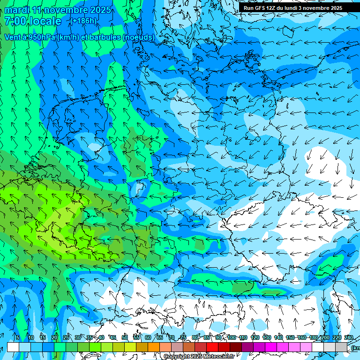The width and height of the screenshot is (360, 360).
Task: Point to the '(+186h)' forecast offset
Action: (x=83, y=21)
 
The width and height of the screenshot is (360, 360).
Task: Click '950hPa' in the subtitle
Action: (x=41, y=37)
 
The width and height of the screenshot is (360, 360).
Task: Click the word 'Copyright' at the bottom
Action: (x=177, y=357)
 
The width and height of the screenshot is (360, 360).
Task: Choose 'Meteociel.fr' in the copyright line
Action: (x=219, y=357)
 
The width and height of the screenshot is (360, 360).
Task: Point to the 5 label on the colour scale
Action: (x=18, y=338)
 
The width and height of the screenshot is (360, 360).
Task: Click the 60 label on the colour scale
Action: (x=148, y=338)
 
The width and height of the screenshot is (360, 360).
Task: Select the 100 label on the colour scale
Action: (x=232, y=338)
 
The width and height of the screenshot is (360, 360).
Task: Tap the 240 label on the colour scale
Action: (x=349, y=338)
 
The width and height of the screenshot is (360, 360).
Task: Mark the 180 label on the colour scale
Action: (x=313, y=338)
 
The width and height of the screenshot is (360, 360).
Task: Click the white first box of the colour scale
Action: (x=13, y=347)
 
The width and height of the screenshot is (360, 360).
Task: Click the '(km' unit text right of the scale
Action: (x=355, y=348)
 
